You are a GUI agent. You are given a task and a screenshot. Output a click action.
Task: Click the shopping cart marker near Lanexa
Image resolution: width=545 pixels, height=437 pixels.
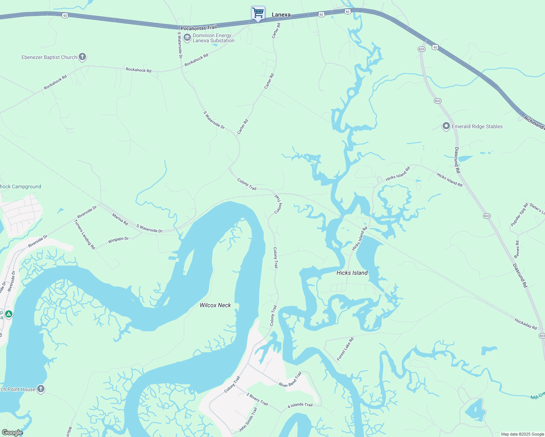point(258,13)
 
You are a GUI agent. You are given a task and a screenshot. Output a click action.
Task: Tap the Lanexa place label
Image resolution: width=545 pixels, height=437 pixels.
point(281,15)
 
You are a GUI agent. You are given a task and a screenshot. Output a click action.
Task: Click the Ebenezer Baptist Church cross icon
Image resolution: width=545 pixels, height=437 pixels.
point(83,57)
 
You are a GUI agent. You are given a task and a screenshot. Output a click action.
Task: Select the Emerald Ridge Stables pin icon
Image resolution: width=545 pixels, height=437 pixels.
point(446,126)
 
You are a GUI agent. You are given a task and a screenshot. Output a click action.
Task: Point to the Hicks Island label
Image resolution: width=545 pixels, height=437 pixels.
point(352,273)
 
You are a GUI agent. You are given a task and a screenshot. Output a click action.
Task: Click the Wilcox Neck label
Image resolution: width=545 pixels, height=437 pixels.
point(215,305)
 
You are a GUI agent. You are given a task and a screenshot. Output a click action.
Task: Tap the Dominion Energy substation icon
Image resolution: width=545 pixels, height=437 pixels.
point(187,38)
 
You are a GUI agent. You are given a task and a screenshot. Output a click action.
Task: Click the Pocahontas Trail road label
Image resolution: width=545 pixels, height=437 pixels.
point(199,28)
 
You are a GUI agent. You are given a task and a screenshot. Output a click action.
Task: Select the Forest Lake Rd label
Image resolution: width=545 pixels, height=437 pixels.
point(345,349)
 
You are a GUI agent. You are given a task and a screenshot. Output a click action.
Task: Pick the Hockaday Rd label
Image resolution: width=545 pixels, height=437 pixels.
point(525,324)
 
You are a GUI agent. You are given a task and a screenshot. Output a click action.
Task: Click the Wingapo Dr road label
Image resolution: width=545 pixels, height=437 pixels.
point(118,240)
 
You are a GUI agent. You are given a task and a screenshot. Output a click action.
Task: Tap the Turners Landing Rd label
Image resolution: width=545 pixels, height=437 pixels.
point(85,235)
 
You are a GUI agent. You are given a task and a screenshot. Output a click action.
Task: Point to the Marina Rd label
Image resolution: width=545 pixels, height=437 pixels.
point(120,220)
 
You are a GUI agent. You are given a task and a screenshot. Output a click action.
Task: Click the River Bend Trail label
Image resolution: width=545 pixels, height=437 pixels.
point(290,379)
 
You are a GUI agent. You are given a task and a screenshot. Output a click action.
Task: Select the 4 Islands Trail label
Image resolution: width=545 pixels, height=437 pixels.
point(300,405)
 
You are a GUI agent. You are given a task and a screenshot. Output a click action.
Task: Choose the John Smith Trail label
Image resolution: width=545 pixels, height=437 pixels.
point(248,420)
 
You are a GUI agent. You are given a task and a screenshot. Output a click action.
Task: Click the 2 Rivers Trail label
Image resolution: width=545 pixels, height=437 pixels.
point(257,399)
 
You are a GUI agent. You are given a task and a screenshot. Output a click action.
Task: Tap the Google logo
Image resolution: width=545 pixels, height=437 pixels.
point(12,433)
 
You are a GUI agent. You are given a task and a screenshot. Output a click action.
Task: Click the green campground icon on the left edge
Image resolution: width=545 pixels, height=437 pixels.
point(8,314)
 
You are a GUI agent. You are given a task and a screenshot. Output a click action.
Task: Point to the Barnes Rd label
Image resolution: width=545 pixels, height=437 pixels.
point(517,249)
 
